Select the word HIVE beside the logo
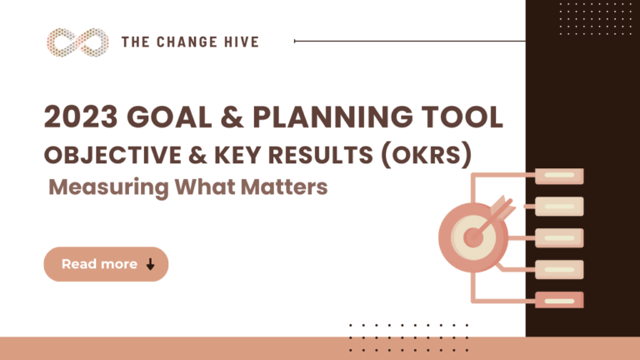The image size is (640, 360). [238, 41]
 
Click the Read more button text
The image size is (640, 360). [99, 264]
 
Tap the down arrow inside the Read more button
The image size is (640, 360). [150, 264]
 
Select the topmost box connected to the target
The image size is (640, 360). [559, 176]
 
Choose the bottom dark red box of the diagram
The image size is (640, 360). [559, 299]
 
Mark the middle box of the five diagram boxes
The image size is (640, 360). [559, 237]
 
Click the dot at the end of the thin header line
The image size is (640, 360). [296, 40]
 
